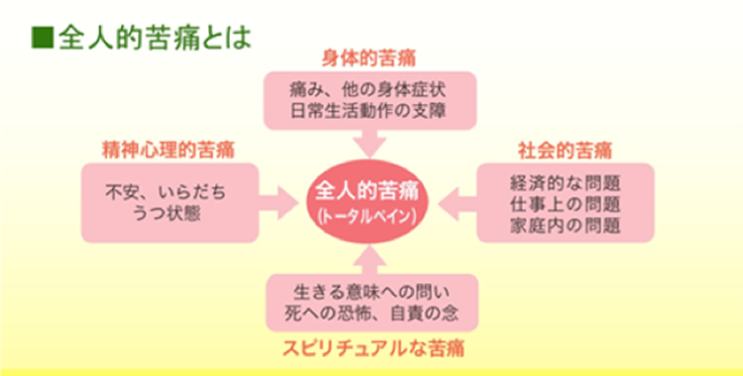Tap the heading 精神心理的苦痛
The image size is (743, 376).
tap(167, 150)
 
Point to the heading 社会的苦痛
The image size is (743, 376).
tap(565, 150)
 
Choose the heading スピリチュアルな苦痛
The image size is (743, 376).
tap(373, 348)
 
